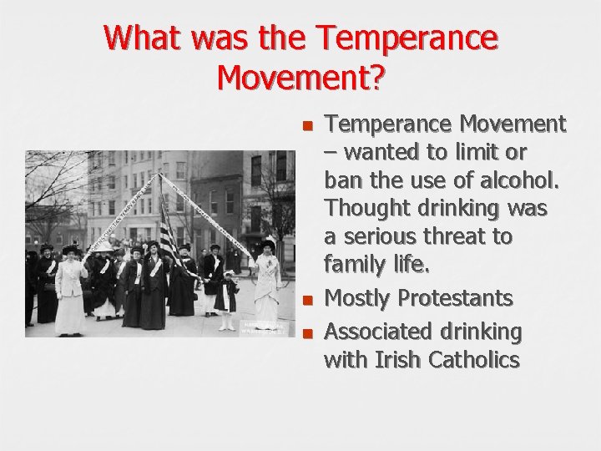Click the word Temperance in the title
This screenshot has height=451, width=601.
pyautogui.click(x=409, y=38)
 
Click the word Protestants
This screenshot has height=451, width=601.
pyautogui.click(x=458, y=298)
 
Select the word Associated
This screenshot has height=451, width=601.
pyautogui.click(x=376, y=332)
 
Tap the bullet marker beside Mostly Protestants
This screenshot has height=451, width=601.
pyautogui.click(x=307, y=299)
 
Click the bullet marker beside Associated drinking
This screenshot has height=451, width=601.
pyautogui.click(x=307, y=332)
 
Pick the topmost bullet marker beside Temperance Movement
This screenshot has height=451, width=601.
pyautogui.click(x=307, y=126)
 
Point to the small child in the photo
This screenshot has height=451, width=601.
pyautogui.click(x=226, y=296)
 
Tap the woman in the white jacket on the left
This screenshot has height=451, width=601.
pyautogui.click(x=70, y=288)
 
